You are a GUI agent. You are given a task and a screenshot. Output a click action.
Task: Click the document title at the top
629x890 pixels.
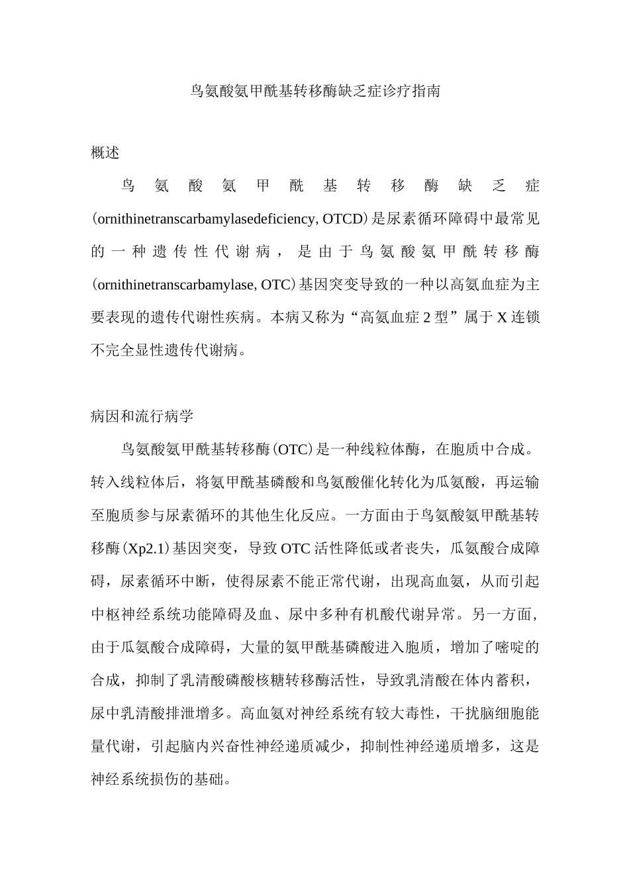pos(314,91)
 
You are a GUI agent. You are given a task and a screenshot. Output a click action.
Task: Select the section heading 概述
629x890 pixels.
pos(105,153)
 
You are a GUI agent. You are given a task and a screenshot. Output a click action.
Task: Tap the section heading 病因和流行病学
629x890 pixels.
pos(142,417)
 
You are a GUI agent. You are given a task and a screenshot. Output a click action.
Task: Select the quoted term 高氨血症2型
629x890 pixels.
pos(401,318)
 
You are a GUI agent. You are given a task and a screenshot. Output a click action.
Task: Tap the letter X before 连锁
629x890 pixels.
pos(502,318)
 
